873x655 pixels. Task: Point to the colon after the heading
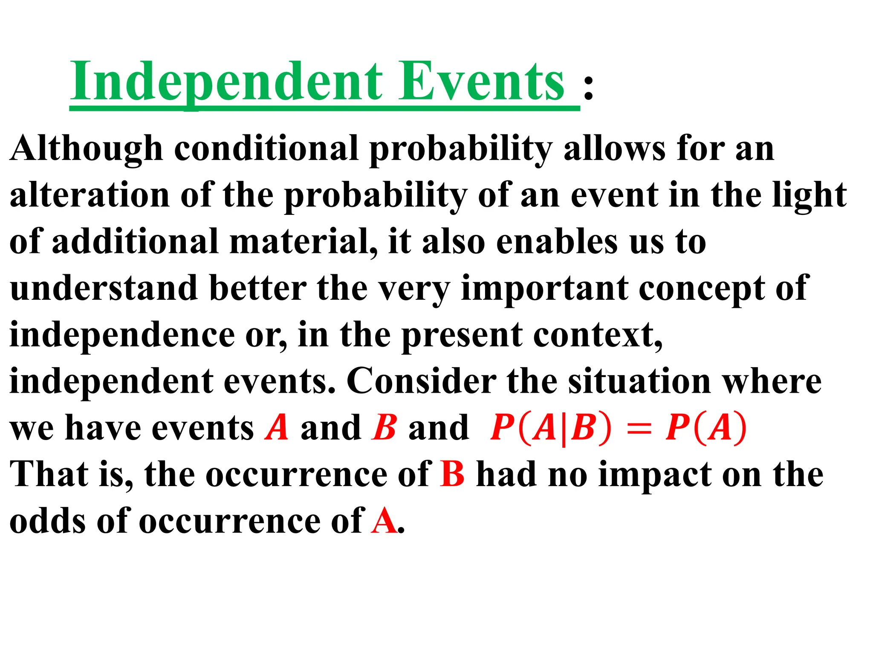[x=588, y=88]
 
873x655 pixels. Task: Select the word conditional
[x=266, y=148]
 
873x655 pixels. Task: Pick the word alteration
[x=90, y=195]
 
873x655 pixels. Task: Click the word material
[x=303, y=242]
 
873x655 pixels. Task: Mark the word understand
[x=104, y=288]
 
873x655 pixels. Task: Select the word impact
[x=655, y=475]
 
